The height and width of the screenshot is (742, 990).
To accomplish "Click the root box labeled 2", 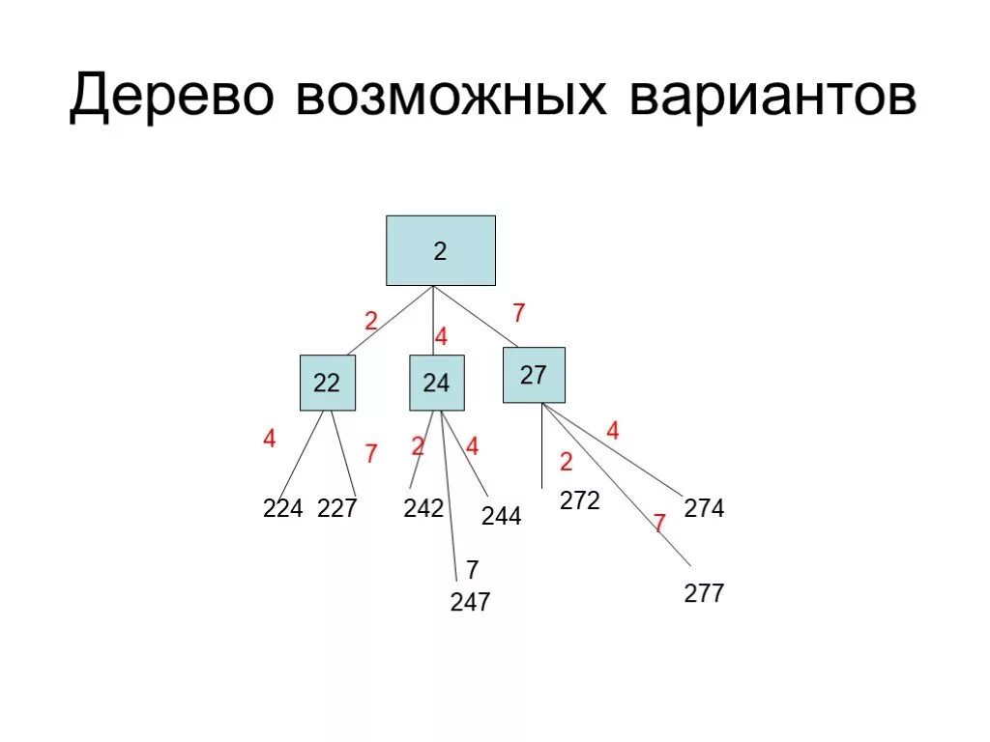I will (x=441, y=251).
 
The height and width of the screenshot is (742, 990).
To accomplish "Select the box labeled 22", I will (x=327, y=383).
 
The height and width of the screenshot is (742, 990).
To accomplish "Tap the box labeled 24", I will (x=436, y=383).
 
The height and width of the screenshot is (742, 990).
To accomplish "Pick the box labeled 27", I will (x=534, y=375).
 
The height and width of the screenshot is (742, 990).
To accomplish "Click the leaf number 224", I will (x=283, y=508).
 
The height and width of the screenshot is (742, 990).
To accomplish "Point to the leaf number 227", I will (x=337, y=508).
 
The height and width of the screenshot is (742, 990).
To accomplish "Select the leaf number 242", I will (x=423, y=508).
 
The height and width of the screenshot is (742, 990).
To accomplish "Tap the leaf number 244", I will (x=502, y=517).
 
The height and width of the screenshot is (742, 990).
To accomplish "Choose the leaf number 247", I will (x=470, y=603).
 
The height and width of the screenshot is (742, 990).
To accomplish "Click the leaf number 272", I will (x=580, y=500).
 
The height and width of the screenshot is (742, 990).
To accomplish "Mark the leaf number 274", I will (x=704, y=508).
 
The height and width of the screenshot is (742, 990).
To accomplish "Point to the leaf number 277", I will (x=704, y=593).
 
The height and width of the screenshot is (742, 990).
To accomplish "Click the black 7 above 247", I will (x=472, y=570).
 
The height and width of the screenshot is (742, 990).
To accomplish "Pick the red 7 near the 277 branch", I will (x=659, y=524).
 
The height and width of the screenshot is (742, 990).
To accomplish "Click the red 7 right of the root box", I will (x=519, y=313).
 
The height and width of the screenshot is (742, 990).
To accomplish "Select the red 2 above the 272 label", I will (x=567, y=461).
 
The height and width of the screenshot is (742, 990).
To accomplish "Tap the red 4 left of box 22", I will (x=269, y=439).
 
